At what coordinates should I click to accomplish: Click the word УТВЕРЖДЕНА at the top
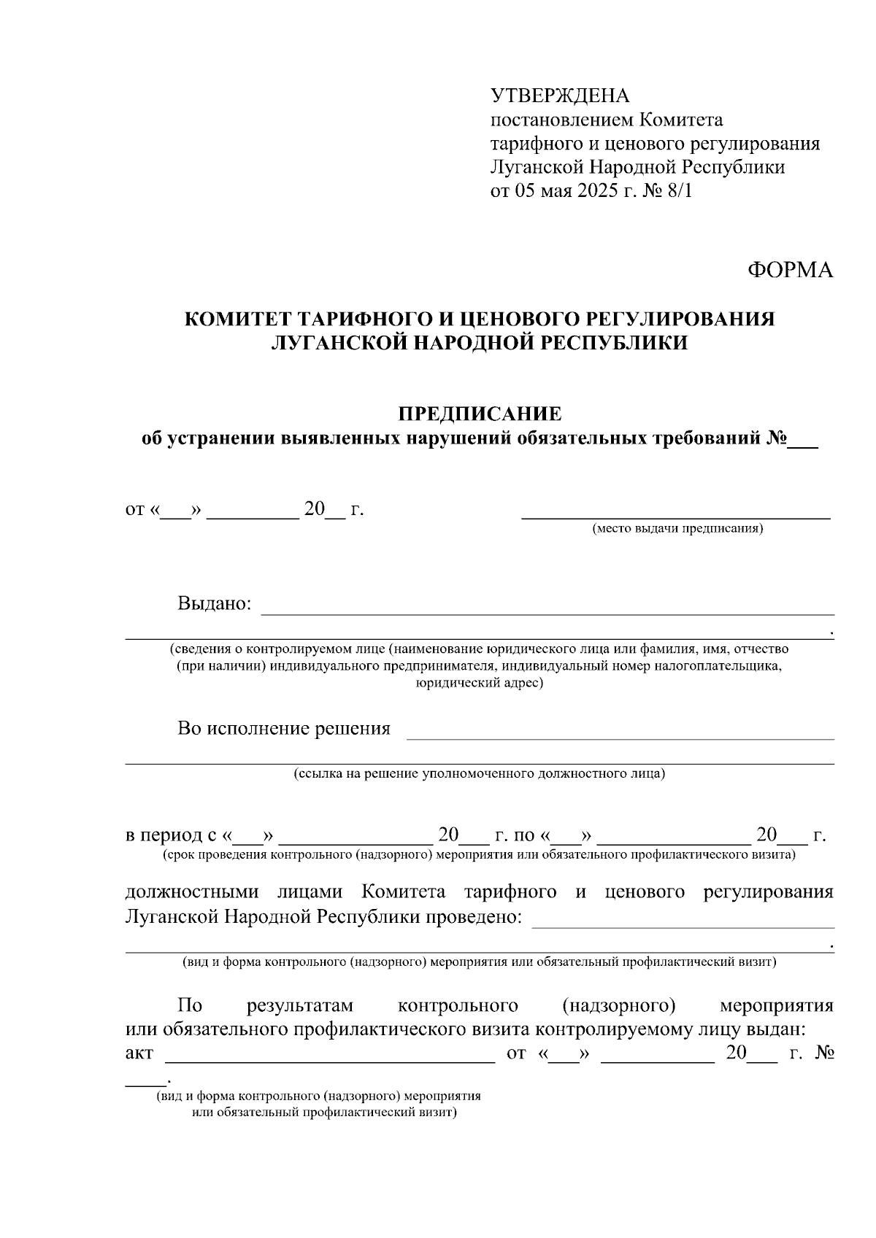[x=559, y=96]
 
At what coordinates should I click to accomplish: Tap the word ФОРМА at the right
[x=790, y=270]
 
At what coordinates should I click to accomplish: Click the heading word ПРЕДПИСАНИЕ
[x=480, y=414]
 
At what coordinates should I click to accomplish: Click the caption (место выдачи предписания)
[x=677, y=528]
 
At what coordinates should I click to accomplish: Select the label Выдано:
[x=214, y=604]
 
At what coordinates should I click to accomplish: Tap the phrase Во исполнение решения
[x=283, y=728]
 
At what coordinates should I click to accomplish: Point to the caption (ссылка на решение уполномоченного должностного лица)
[x=479, y=773]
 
